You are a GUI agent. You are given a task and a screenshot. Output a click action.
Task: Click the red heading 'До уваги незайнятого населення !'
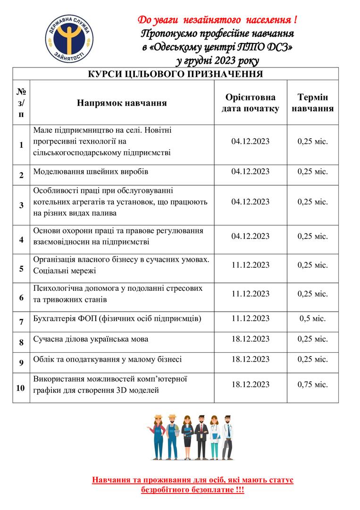(217, 20)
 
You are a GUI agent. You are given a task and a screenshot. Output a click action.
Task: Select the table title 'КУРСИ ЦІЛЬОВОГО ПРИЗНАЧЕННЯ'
(176, 74)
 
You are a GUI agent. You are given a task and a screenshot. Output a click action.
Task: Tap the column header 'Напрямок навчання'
(122, 103)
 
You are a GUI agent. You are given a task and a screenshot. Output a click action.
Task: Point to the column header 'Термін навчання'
(312, 103)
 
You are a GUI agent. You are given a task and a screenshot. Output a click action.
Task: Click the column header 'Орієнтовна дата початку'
(251, 103)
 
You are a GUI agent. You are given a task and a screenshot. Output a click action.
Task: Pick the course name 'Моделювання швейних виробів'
(91, 171)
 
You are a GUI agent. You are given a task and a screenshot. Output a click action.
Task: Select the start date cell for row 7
(251, 318)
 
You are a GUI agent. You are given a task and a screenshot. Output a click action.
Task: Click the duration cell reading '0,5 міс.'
(312, 318)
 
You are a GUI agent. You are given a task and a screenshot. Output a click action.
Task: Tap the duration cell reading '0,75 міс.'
(312, 384)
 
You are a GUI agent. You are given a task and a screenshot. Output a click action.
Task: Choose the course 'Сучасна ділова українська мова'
(91, 339)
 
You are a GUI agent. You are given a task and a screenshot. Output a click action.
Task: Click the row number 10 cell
(21, 388)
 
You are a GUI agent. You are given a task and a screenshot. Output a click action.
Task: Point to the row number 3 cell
(21, 205)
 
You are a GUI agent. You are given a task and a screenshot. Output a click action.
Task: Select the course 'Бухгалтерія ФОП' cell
(117, 318)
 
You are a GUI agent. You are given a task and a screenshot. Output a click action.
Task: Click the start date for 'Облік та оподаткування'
(251, 359)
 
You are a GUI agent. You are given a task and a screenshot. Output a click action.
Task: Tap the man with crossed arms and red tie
(201, 437)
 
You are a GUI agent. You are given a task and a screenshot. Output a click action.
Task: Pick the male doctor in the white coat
(228, 437)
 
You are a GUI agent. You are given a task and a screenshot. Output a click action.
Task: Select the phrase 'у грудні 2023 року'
(217, 61)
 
